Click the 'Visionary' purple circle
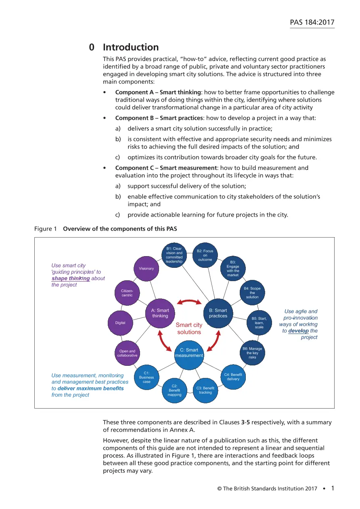coord(146,269)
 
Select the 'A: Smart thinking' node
coord(160,313)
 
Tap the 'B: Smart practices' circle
coord(218,313)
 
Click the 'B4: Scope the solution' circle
coord(252,293)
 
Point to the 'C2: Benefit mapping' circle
coord(174,390)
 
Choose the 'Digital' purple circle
coord(120,323)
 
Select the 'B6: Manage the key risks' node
coord(252,353)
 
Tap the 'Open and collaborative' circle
coord(127,353)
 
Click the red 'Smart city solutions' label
coord(189,328)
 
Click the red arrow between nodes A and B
coord(189,301)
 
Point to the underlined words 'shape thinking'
coord(71,278)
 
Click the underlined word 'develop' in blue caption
coord(298,331)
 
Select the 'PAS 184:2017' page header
coord(312,22)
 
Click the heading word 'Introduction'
coord(131,47)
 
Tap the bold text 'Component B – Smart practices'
coord(159,118)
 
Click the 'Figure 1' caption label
coord(46,229)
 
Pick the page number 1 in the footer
coord(333,488)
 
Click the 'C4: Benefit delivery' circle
coord(233,377)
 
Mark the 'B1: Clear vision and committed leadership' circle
coord(174,255)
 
